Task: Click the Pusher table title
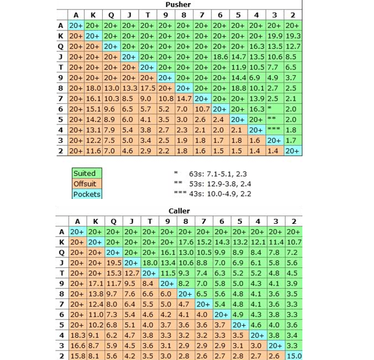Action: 179,4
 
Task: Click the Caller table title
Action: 179,211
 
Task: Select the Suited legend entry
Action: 85,173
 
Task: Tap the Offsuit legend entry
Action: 85,184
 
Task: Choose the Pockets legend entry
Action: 86,195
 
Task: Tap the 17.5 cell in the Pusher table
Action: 148,88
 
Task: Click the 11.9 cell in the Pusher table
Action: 238,67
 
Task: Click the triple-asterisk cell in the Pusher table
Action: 274,130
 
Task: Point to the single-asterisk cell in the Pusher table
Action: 274,109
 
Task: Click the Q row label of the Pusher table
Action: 61,46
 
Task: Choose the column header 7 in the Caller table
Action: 203,221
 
